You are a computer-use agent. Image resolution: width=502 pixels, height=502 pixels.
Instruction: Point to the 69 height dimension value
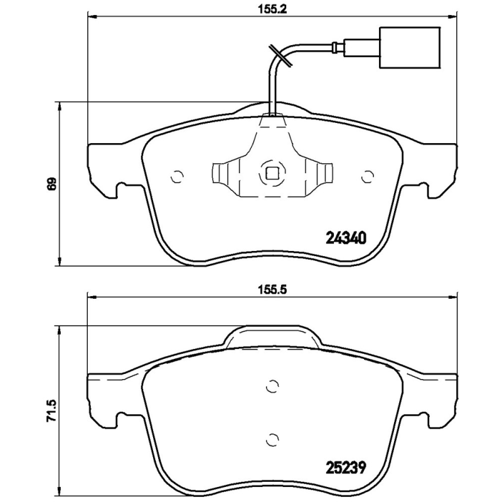click(53, 184)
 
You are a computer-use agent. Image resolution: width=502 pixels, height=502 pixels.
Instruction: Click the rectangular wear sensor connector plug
click(362, 47)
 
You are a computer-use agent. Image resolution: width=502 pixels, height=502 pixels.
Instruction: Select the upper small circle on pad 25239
click(272, 387)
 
